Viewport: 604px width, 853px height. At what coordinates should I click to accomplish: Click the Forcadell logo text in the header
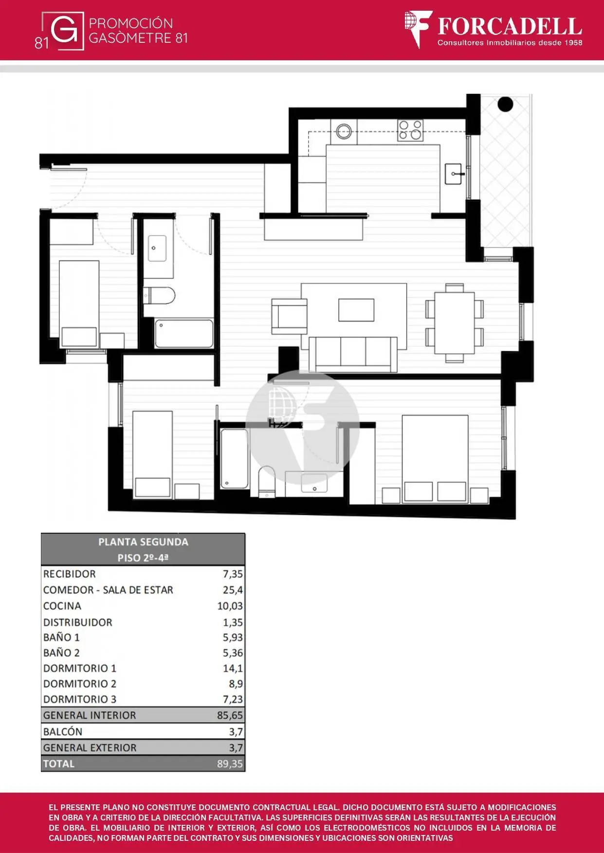(x=510, y=26)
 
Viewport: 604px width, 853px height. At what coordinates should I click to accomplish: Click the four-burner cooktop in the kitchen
(x=410, y=130)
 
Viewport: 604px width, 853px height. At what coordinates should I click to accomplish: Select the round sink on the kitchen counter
(x=344, y=131)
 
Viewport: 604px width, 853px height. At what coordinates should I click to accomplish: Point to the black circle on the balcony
(x=505, y=104)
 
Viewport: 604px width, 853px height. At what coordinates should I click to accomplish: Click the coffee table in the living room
(x=356, y=310)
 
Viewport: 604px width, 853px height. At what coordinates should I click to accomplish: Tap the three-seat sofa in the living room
(x=353, y=354)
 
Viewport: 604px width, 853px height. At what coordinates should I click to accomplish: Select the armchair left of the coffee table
(x=289, y=316)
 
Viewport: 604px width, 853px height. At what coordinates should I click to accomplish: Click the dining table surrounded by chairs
(x=455, y=323)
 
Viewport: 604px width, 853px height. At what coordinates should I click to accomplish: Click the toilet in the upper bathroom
(x=159, y=295)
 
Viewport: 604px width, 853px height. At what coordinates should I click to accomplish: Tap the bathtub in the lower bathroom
(x=234, y=458)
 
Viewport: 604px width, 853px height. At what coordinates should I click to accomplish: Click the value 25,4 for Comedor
(x=233, y=590)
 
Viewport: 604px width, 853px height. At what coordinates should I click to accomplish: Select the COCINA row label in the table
(x=62, y=606)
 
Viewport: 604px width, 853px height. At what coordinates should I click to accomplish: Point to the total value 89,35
(x=230, y=764)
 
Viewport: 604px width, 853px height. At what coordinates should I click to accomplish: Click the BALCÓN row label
(x=63, y=731)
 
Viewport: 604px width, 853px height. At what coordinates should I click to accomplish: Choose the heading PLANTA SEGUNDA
(x=143, y=542)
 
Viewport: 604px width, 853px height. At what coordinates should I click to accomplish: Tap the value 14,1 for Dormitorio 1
(x=233, y=669)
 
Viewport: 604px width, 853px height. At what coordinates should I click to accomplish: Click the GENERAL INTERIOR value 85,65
(x=230, y=715)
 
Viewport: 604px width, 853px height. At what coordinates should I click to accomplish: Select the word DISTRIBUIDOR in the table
(x=78, y=623)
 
